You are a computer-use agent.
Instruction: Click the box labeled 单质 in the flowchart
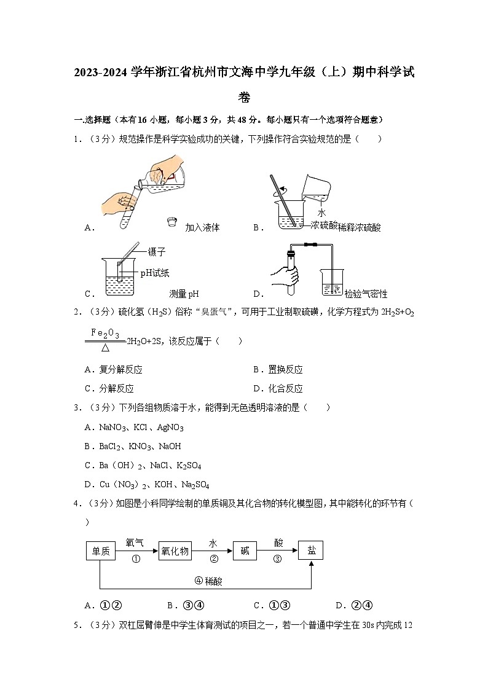pyautogui.click(x=100, y=551)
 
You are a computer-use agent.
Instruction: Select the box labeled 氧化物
pyautogui.click(x=175, y=551)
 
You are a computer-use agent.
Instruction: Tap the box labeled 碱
pyautogui.click(x=245, y=551)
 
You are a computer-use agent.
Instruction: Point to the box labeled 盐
pyautogui.click(x=311, y=551)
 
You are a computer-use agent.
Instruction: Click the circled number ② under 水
pyautogui.click(x=214, y=559)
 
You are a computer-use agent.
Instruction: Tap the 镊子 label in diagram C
pyautogui.click(x=157, y=252)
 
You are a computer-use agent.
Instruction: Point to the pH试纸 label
pyautogui.click(x=154, y=273)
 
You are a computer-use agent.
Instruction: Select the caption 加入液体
pyautogui.click(x=202, y=227)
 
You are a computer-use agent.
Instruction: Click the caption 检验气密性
pyautogui.click(x=366, y=294)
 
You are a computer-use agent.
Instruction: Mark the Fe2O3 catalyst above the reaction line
pyautogui.click(x=105, y=332)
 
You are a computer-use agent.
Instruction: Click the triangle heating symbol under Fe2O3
pyautogui.click(x=105, y=348)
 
